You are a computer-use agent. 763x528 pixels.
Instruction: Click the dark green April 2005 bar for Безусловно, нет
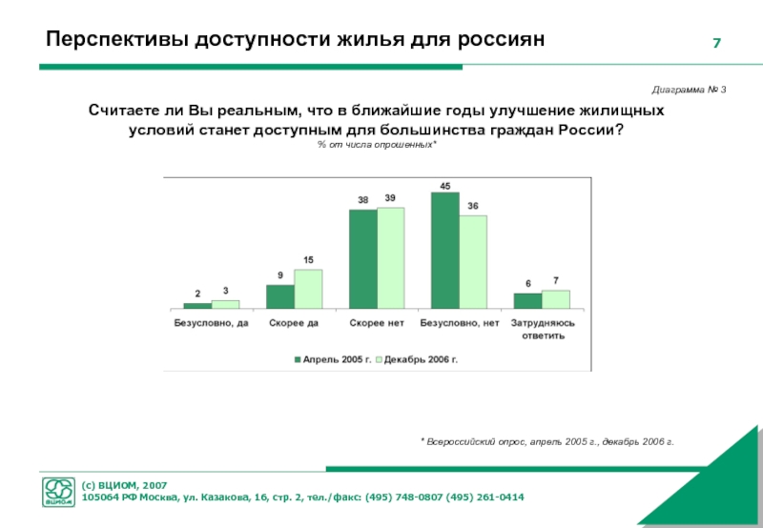click(445, 251)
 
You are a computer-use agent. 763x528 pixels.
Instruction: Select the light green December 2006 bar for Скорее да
click(308, 289)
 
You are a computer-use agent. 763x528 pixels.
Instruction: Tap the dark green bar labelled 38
click(362, 258)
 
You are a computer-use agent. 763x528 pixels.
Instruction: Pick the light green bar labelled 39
click(390, 257)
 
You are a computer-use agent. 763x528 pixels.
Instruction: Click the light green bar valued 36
click(473, 261)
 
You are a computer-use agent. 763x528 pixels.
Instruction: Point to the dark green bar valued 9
click(280, 296)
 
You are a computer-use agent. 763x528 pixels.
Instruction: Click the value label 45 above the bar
click(445, 185)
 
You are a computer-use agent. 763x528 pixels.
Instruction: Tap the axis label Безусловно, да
click(211, 323)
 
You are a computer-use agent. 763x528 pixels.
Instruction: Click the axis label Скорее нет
click(377, 323)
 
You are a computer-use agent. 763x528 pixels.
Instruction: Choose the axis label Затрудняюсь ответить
click(542, 330)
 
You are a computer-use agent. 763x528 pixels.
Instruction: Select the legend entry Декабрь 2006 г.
click(421, 358)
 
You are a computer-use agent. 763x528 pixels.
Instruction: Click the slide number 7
click(716, 45)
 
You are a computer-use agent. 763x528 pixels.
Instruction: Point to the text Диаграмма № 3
click(690, 89)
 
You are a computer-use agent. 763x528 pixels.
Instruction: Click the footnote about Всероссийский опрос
click(546, 442)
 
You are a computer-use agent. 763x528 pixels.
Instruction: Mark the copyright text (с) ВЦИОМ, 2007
click(124, 485)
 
